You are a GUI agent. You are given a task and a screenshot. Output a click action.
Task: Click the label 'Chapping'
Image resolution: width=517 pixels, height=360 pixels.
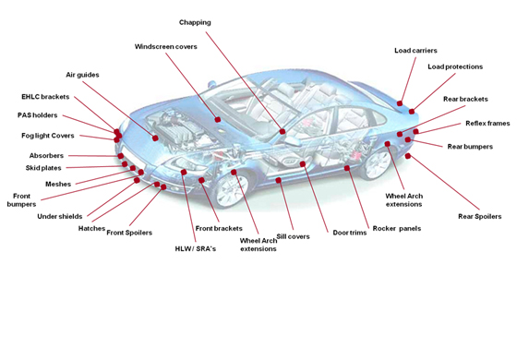pos(195,22)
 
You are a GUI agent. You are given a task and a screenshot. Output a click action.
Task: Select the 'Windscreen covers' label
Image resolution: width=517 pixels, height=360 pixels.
pos(166,46)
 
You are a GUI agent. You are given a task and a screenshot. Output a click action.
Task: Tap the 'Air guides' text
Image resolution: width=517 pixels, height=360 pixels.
pos(82,75)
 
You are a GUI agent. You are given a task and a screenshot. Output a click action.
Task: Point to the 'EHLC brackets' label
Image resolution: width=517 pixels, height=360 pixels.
pos(45,97)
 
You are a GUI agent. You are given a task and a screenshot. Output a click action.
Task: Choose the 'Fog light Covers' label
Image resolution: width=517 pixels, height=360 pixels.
pos(48,136)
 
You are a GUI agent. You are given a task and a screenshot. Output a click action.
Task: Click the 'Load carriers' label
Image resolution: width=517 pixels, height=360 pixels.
pos(415,51)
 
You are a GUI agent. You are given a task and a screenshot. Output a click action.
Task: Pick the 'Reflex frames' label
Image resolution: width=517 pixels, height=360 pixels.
pos(487,124)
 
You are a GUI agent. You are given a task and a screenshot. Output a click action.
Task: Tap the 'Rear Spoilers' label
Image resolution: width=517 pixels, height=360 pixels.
pos(480,217)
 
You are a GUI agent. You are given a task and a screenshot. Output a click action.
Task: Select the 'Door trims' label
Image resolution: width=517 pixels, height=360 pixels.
pos(350,233)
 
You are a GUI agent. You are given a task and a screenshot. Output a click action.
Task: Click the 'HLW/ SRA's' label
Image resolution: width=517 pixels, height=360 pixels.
pos(196,249)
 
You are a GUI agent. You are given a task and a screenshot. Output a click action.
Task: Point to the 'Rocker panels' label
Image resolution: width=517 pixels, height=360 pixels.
pos(397,229)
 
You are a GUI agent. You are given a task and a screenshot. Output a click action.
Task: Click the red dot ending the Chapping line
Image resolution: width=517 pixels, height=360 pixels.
pos(283,131)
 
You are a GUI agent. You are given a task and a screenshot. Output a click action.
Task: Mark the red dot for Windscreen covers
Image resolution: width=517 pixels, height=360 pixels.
pos(218,120)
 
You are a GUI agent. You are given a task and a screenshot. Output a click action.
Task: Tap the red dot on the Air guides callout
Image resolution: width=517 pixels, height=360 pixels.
pos(155,138)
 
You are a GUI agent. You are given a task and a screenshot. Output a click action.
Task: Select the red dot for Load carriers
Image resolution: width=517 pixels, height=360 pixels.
pos(400,103)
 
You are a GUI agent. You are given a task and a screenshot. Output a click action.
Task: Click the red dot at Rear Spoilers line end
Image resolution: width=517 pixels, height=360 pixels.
pos(408,156)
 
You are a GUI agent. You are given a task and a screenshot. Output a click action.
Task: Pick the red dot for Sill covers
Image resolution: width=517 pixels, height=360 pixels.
pos(278,180)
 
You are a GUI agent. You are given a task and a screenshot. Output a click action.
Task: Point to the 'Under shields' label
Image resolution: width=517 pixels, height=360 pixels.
pos(60,217)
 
